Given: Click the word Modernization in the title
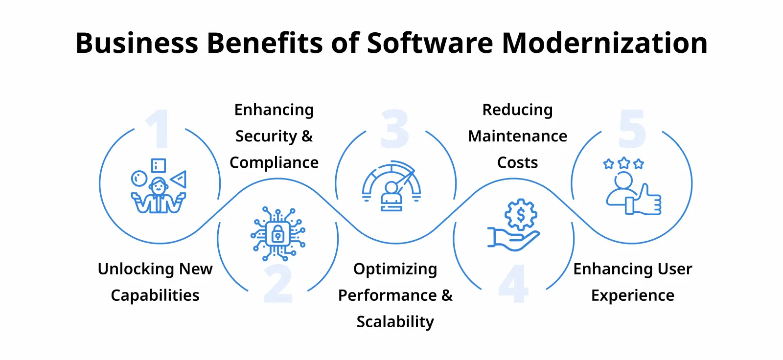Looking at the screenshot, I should pos(604,43).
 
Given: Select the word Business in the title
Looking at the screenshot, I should pos(137,43).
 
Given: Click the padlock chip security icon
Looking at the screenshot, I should pos(278,234).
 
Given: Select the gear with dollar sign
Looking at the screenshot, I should pos(521,214).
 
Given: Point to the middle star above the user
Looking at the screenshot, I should pos(623,163).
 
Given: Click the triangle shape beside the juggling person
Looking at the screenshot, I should pos(179,179).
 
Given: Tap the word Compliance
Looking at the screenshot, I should pos(274,162).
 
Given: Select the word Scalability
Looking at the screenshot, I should pos(395,322).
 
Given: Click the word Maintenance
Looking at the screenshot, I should pos(517,136).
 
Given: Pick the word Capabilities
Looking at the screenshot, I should pos(155,295).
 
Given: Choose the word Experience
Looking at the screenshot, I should pos(632,295).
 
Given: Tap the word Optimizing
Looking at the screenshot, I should pos(395,269).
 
